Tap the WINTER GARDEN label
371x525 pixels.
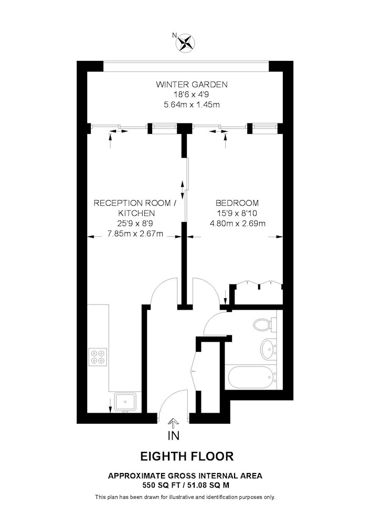pyautogui.click(x=192, y=85)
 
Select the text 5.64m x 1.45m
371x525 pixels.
pyautogui.click(x=192, y=105)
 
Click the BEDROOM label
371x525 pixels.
pyautogui.click(x=237, y=203)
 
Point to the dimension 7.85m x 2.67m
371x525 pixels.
pyautogui.click(x=135, y=234)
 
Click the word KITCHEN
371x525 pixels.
pyautogui.click(x=136, y=213)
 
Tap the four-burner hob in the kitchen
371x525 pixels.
pyautogui.click(x=98, y=357)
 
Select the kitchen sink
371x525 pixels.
pyautogui.click(x=125, y=402)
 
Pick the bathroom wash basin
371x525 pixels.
pyautogui.click(x=268, y=350)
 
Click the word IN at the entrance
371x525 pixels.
pyautogui.click(x=174, y=435)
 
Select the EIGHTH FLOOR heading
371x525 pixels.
pyautogui.click(x=187, y=456)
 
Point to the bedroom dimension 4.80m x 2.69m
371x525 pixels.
pyautogui.click(x=238, y=223)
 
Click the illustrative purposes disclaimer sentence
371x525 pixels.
pyautogui.click(x=185, y=497)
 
